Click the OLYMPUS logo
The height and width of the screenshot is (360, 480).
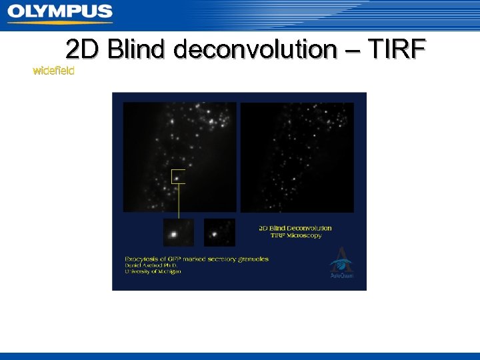tap(60, 12)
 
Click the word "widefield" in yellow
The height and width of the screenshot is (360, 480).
tap(53, 70)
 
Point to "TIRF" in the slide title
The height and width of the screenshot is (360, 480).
tap(389, 49)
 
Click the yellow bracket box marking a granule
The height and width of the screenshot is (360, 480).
tap(178, 176)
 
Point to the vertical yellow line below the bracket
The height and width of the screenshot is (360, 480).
tap(178, 200)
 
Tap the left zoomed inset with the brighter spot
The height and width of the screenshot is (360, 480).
tap(178, 232)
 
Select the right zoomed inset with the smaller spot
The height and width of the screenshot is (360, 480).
tap(219, 232)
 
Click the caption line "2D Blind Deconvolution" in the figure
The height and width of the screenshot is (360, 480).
tap(295, 228)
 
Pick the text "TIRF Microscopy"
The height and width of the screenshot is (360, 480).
tap(296, 235)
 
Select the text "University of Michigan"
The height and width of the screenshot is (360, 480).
tap(153, 271)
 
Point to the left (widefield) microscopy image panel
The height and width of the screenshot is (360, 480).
tap(179, 157)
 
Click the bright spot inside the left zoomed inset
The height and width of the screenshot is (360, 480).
tap(174, 234)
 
